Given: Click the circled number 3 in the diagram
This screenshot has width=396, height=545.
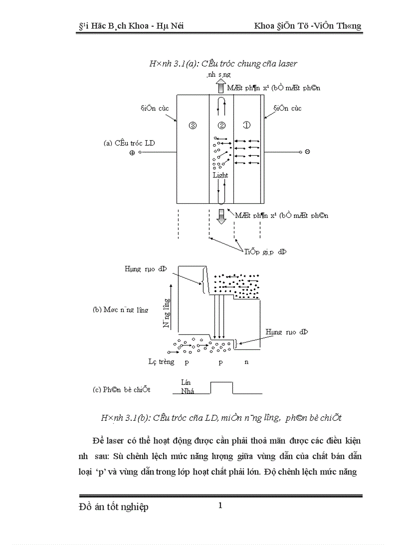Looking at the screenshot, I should (x=193, y=126).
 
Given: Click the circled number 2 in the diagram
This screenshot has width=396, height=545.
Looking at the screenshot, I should (x=221, y=126).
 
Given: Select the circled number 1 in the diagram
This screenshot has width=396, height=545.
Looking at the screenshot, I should (x=247, y=125).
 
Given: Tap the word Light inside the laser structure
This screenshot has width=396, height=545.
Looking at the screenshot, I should (x=220, y=175).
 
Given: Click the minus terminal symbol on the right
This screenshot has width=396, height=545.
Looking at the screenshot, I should (x=308, y=152).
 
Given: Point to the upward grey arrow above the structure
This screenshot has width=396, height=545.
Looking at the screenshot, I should (x=221, y=87).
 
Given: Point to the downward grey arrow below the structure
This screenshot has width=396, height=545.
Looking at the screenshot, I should (x=221, y=216).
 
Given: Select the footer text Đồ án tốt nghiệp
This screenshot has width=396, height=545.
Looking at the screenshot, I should (x=113, y=507).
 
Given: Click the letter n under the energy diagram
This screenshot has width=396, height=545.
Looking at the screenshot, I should (x=247, y=362).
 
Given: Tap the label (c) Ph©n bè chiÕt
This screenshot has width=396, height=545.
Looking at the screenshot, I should (x=121, y=390).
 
